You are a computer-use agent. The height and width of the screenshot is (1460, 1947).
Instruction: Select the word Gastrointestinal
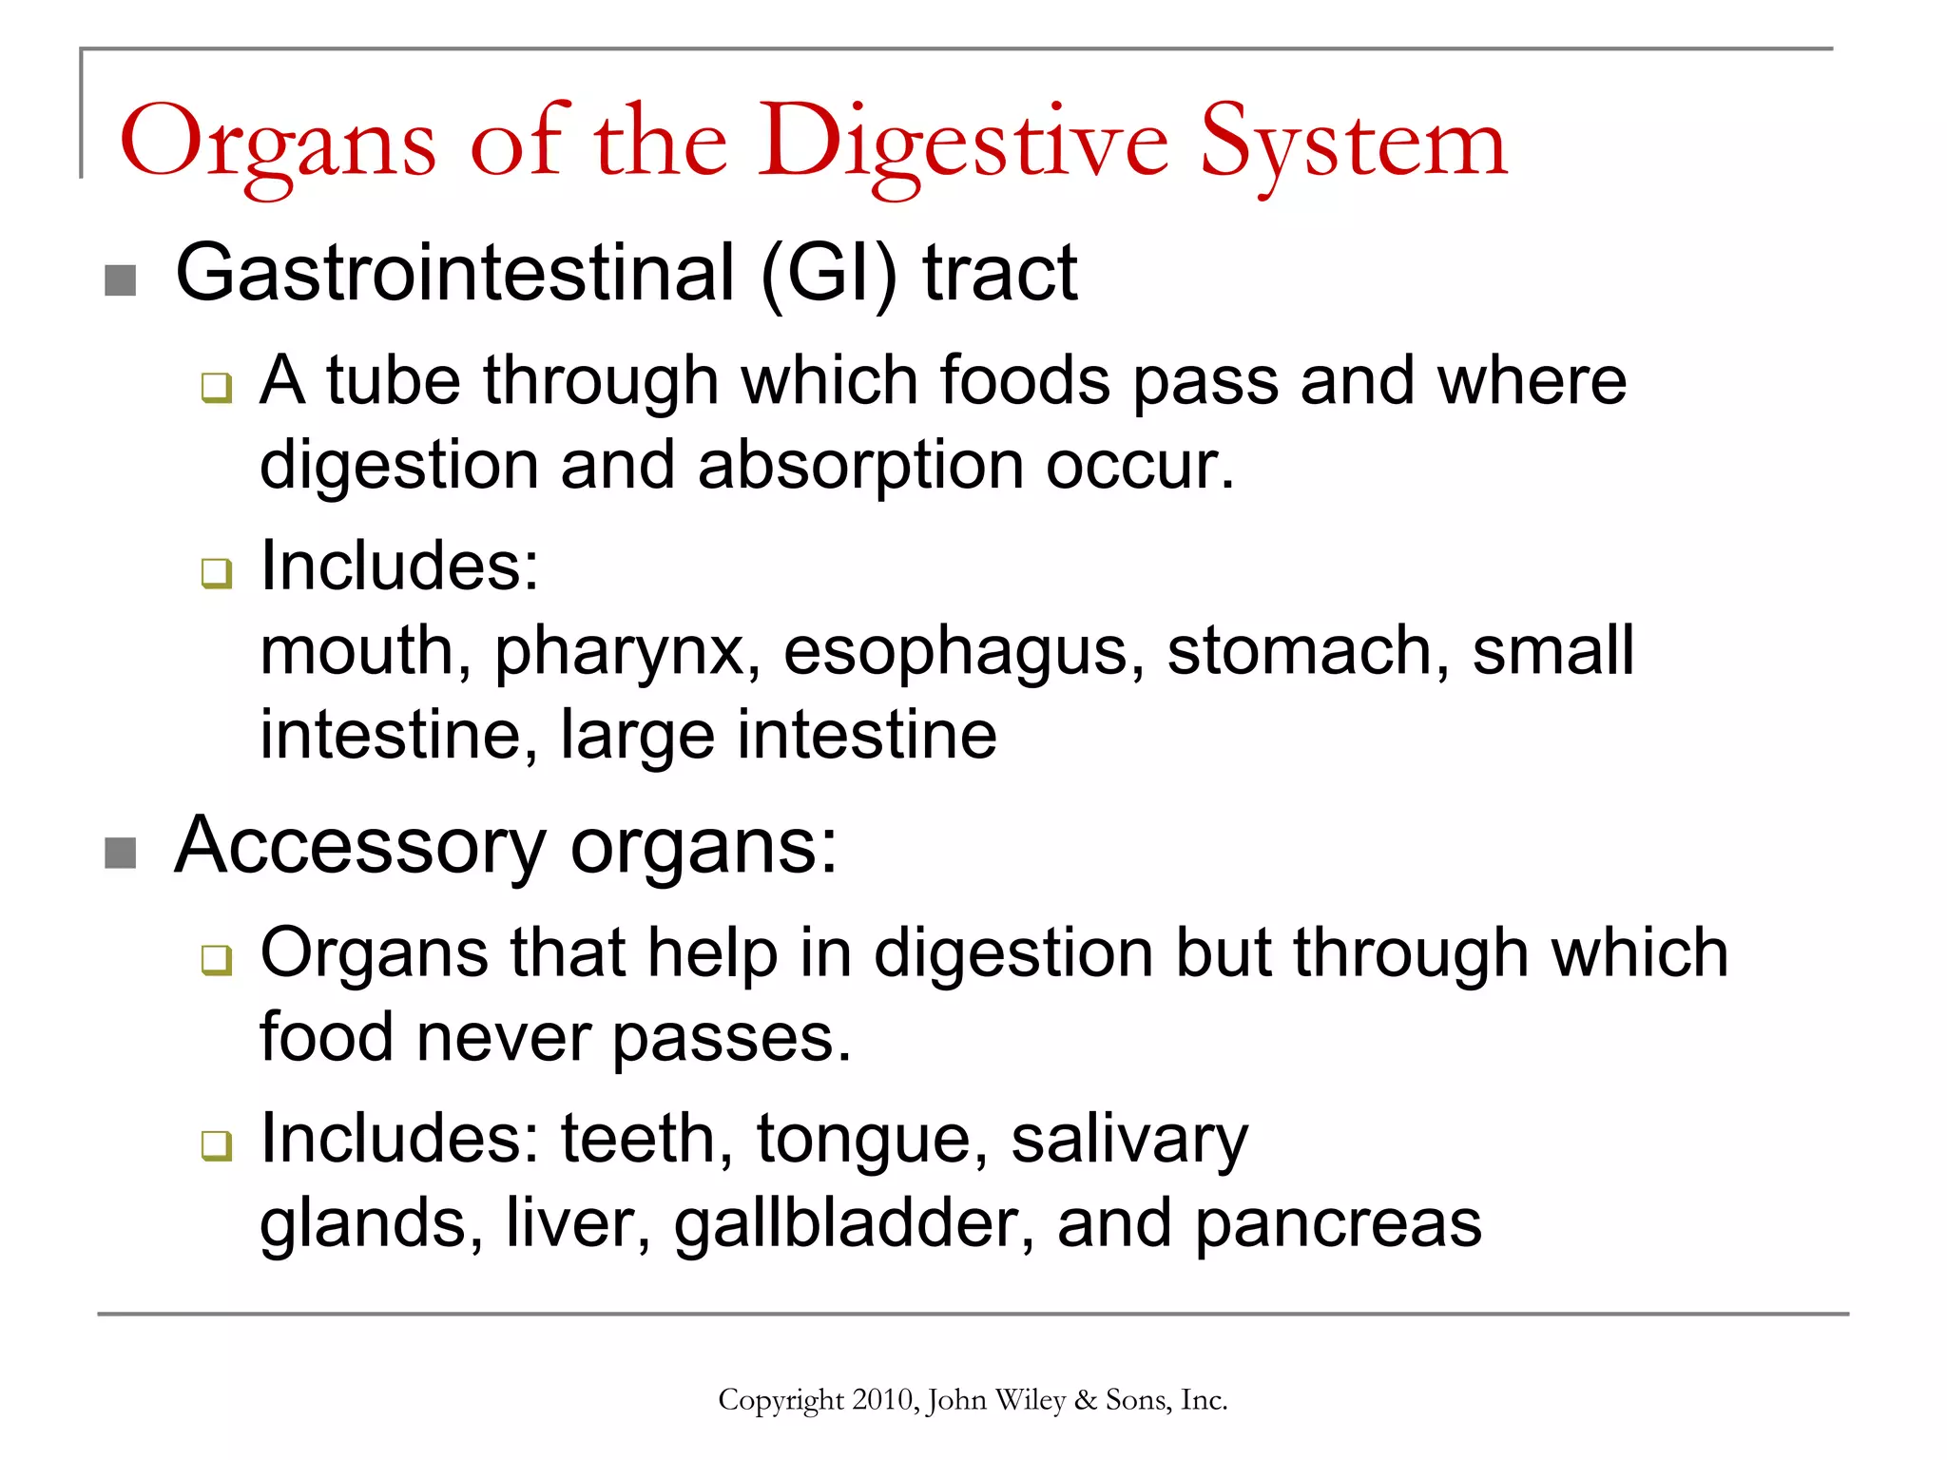[455, 273]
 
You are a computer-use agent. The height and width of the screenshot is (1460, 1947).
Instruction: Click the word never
[503, 1037]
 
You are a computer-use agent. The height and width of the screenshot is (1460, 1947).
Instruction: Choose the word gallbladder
[853, 1223]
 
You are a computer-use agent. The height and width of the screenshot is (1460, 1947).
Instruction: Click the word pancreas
[1338, 1225]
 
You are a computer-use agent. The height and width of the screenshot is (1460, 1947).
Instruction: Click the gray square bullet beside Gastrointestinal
[120, 280]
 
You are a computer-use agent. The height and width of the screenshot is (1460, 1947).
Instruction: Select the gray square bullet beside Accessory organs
[120, 853]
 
